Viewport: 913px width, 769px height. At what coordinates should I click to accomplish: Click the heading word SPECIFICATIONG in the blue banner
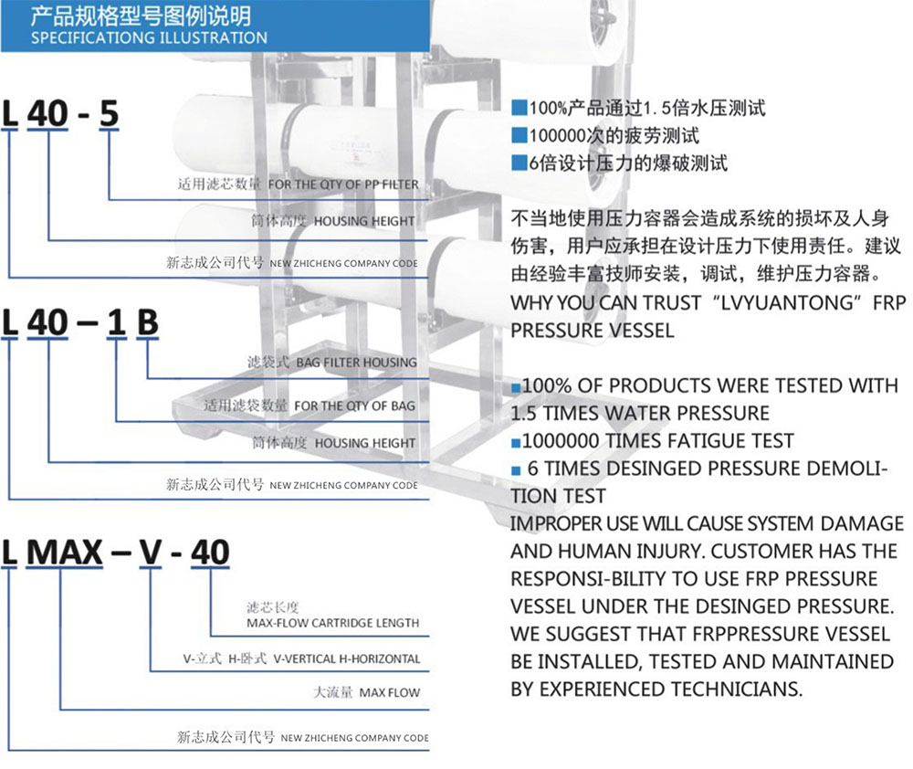[92, 37]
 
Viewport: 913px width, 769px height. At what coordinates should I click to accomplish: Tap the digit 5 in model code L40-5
[109, 113]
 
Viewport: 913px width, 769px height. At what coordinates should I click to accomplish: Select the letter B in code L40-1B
[147, 322]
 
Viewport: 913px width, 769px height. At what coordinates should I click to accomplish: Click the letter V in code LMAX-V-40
[151, 552]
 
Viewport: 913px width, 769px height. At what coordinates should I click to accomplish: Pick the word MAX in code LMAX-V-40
[65, 552]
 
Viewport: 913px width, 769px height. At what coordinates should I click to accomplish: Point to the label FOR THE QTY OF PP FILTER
[343, 184]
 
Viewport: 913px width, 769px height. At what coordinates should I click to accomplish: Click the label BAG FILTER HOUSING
[356, 363]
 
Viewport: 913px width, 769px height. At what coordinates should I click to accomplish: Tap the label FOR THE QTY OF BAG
[354, 406]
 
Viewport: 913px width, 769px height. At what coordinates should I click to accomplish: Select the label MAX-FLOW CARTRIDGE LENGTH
[332, 623]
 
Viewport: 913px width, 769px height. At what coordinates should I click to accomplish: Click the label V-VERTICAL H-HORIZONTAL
[346, 658]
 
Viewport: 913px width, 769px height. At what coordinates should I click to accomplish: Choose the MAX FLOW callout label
[390, 692]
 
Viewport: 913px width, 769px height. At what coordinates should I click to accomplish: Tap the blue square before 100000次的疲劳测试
[519, 136]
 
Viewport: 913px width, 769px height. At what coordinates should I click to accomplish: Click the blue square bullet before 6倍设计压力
[519, 163]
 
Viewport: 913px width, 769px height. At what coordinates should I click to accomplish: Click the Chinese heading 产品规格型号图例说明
[141, 16]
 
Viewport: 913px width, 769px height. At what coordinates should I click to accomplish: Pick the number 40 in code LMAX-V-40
[210, 552]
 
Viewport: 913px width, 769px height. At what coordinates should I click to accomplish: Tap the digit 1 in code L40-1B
[117, 322]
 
